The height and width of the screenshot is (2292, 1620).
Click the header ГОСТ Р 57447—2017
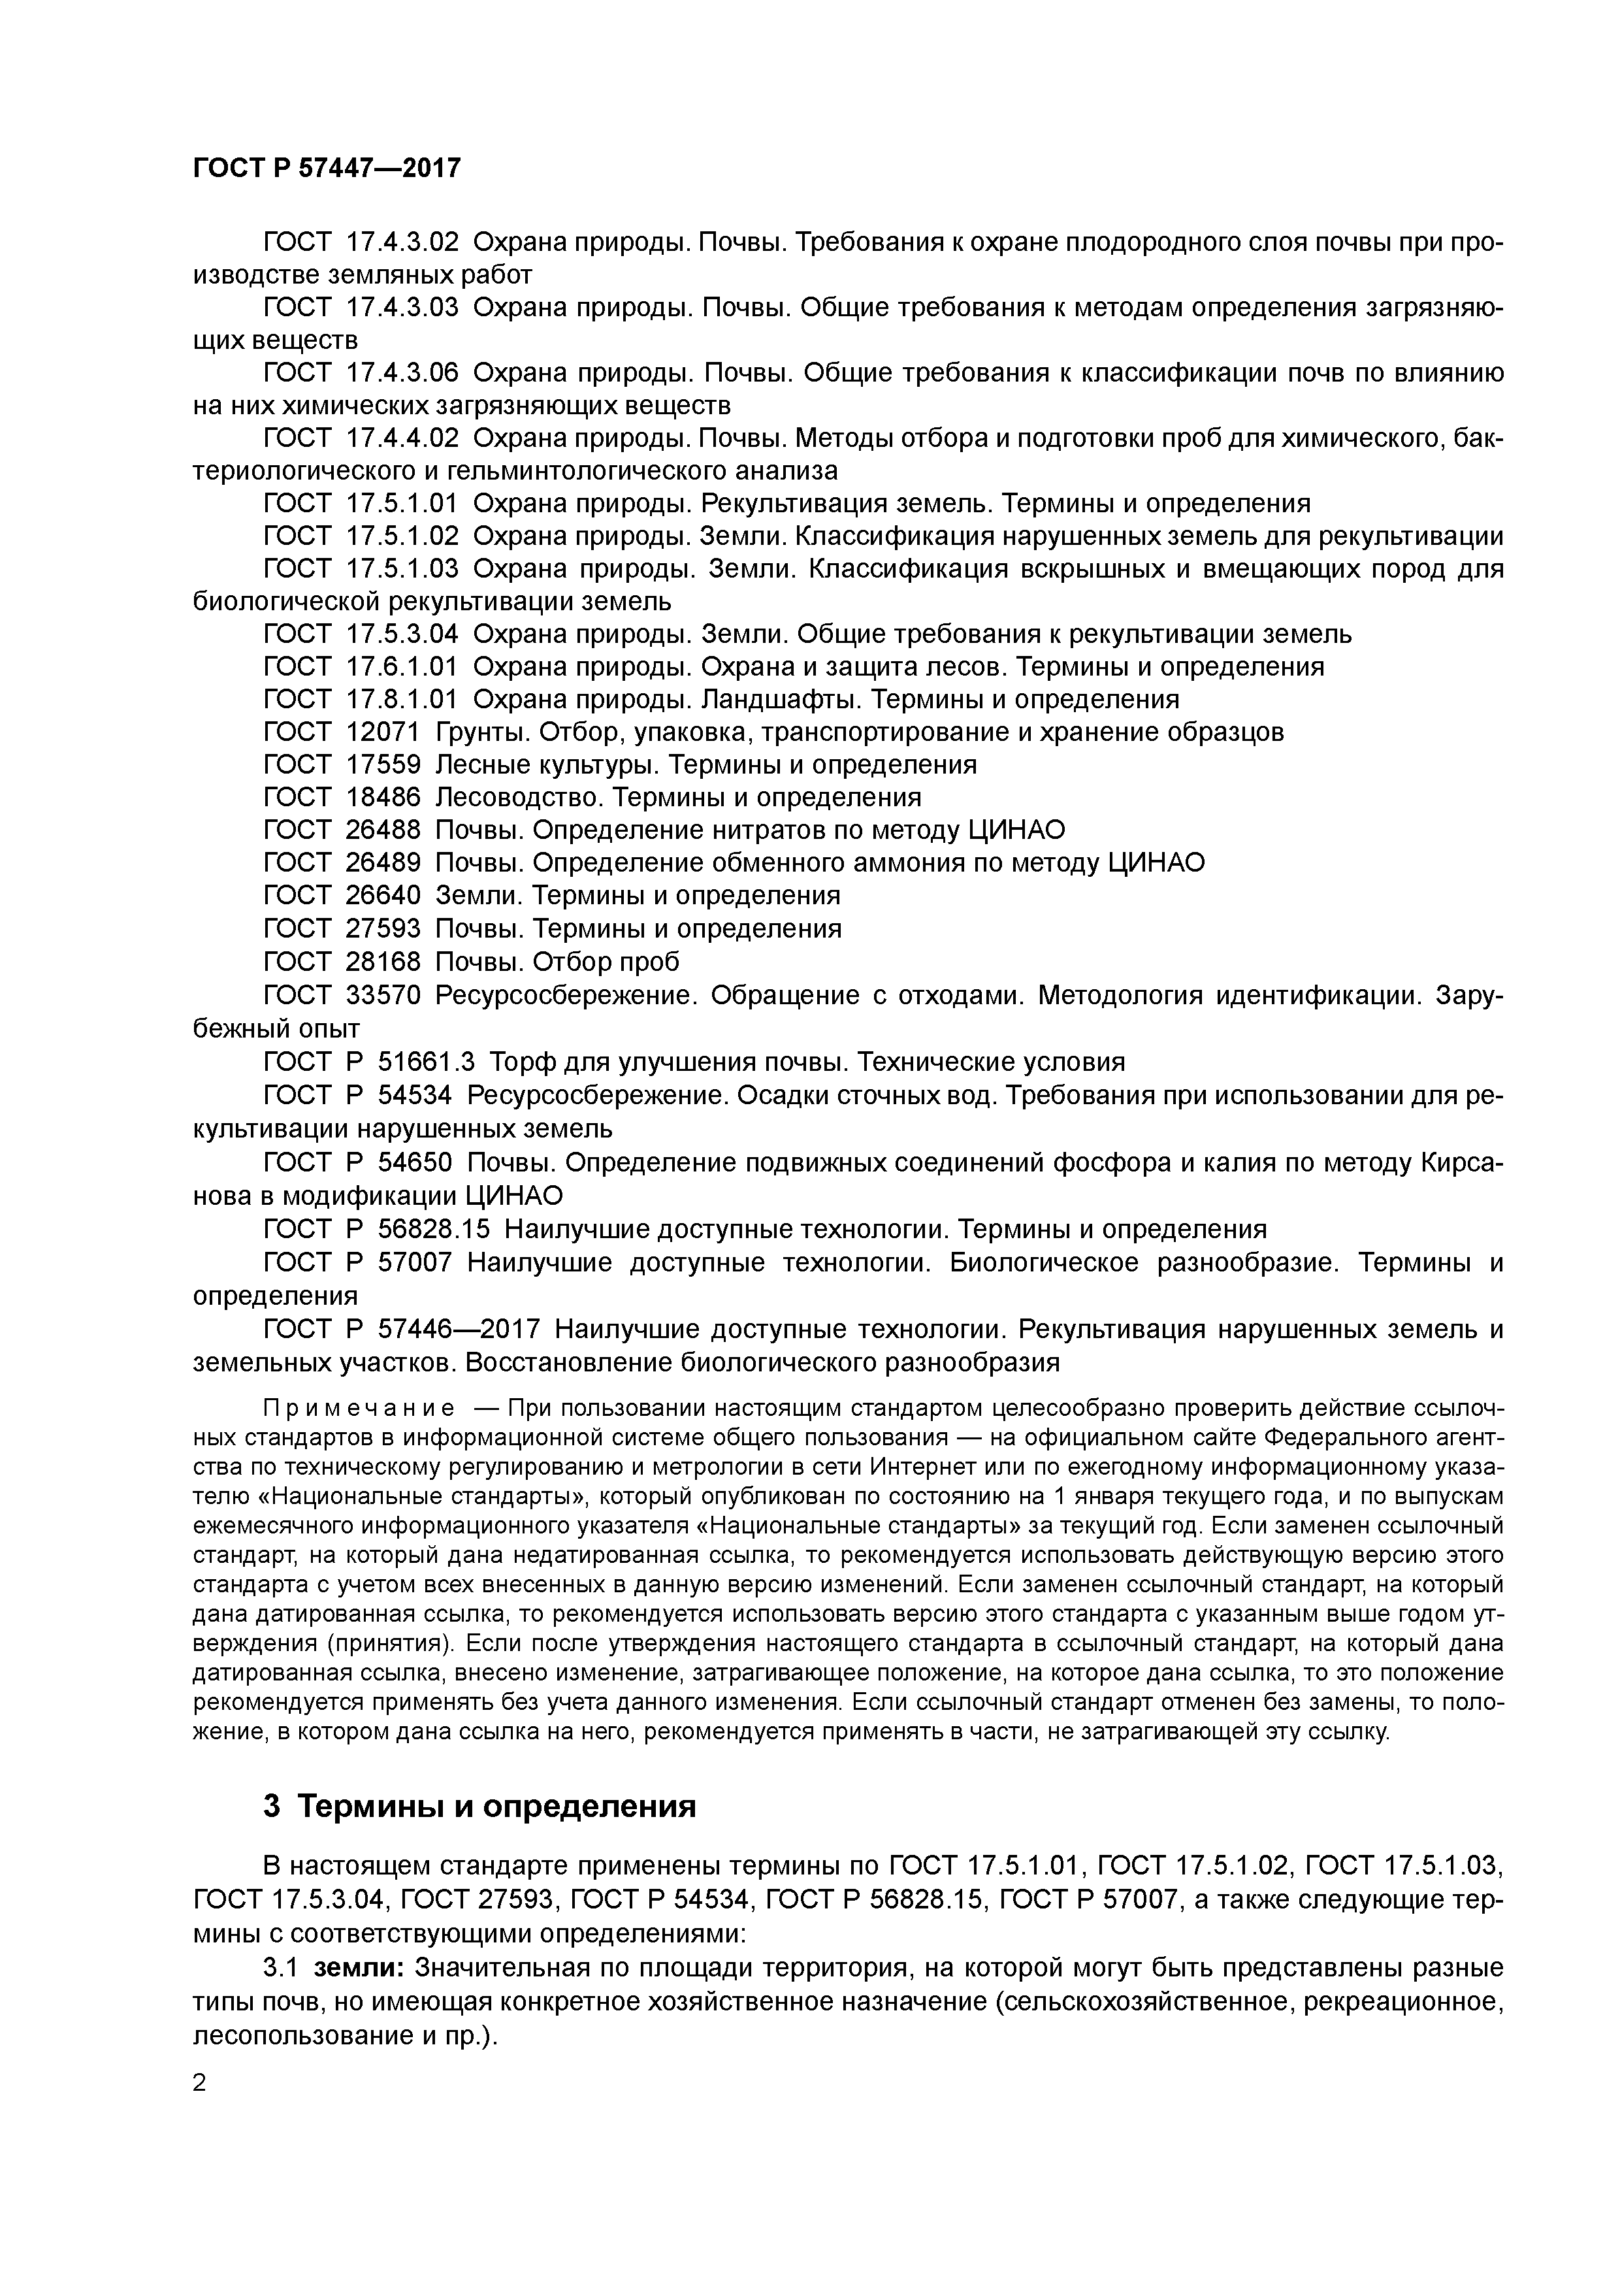pyautogui.click(x=327, y=168)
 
